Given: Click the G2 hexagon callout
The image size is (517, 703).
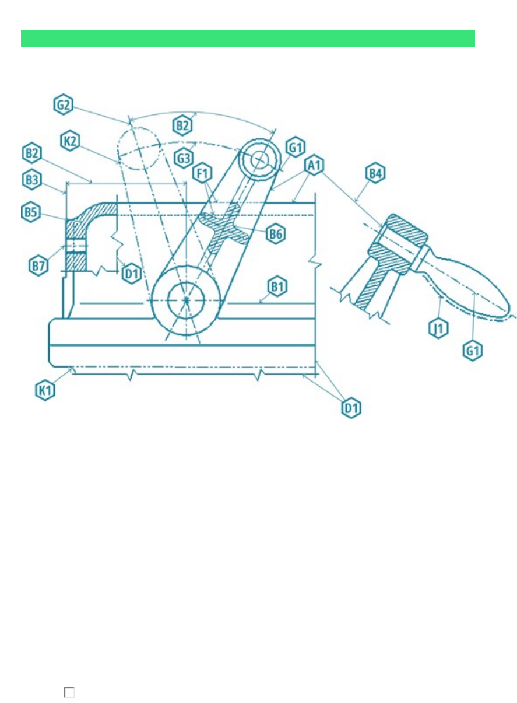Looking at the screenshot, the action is (x=64, y=104).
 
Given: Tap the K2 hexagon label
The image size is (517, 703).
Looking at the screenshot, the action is (x=70, y=141).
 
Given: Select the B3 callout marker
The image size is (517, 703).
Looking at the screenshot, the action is (x=31, y=180).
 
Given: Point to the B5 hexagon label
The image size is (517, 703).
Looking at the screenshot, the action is (x=31, y=212).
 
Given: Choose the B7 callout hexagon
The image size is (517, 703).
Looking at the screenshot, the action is (x=38, y=265).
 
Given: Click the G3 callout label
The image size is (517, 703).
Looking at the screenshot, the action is (x=184, y=158).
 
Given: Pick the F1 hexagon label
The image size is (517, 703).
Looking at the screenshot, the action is (x=202, y=173).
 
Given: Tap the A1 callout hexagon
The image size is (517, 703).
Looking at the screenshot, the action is (x=314, y=165).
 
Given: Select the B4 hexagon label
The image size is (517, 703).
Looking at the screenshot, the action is (x=375, y=173).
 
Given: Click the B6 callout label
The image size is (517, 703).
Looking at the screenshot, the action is (x=276, y=233).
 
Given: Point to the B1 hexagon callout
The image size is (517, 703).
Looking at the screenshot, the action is (x=277, y=286).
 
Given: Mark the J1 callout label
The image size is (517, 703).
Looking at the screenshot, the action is (x=438, y=328).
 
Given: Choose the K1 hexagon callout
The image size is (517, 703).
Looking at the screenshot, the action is (x=45, y=390).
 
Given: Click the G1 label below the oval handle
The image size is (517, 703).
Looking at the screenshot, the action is (x=473, y=350).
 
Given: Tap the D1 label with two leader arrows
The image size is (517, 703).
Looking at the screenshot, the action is (x=351, y=408).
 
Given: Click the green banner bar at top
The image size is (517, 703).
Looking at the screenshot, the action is (x=248, y=39).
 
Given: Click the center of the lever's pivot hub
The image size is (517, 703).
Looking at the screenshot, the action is (x=187, y=300).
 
